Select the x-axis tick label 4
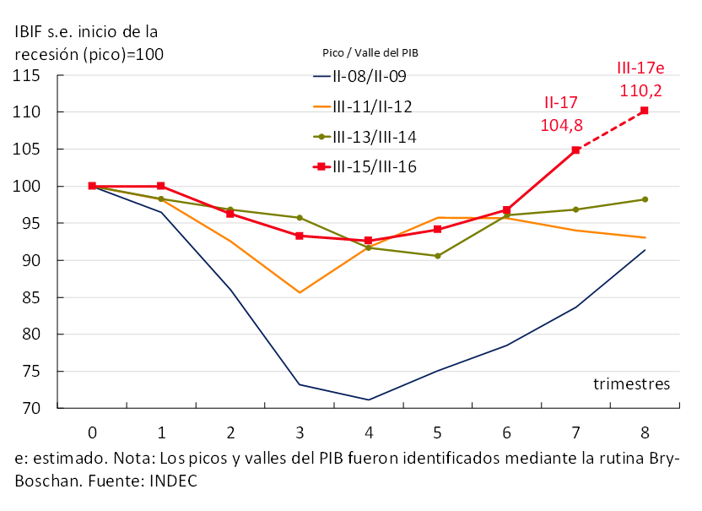[368, 432]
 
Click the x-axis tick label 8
[645, 432]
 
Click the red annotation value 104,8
[560, 125]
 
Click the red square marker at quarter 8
[645, 111]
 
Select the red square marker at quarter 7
[575, 150]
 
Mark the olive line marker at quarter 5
[437, 256]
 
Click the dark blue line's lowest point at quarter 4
[368, 400]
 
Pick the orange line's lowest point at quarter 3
[299, 292]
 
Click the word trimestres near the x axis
[631, 384]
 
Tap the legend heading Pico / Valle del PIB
[370, 52]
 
